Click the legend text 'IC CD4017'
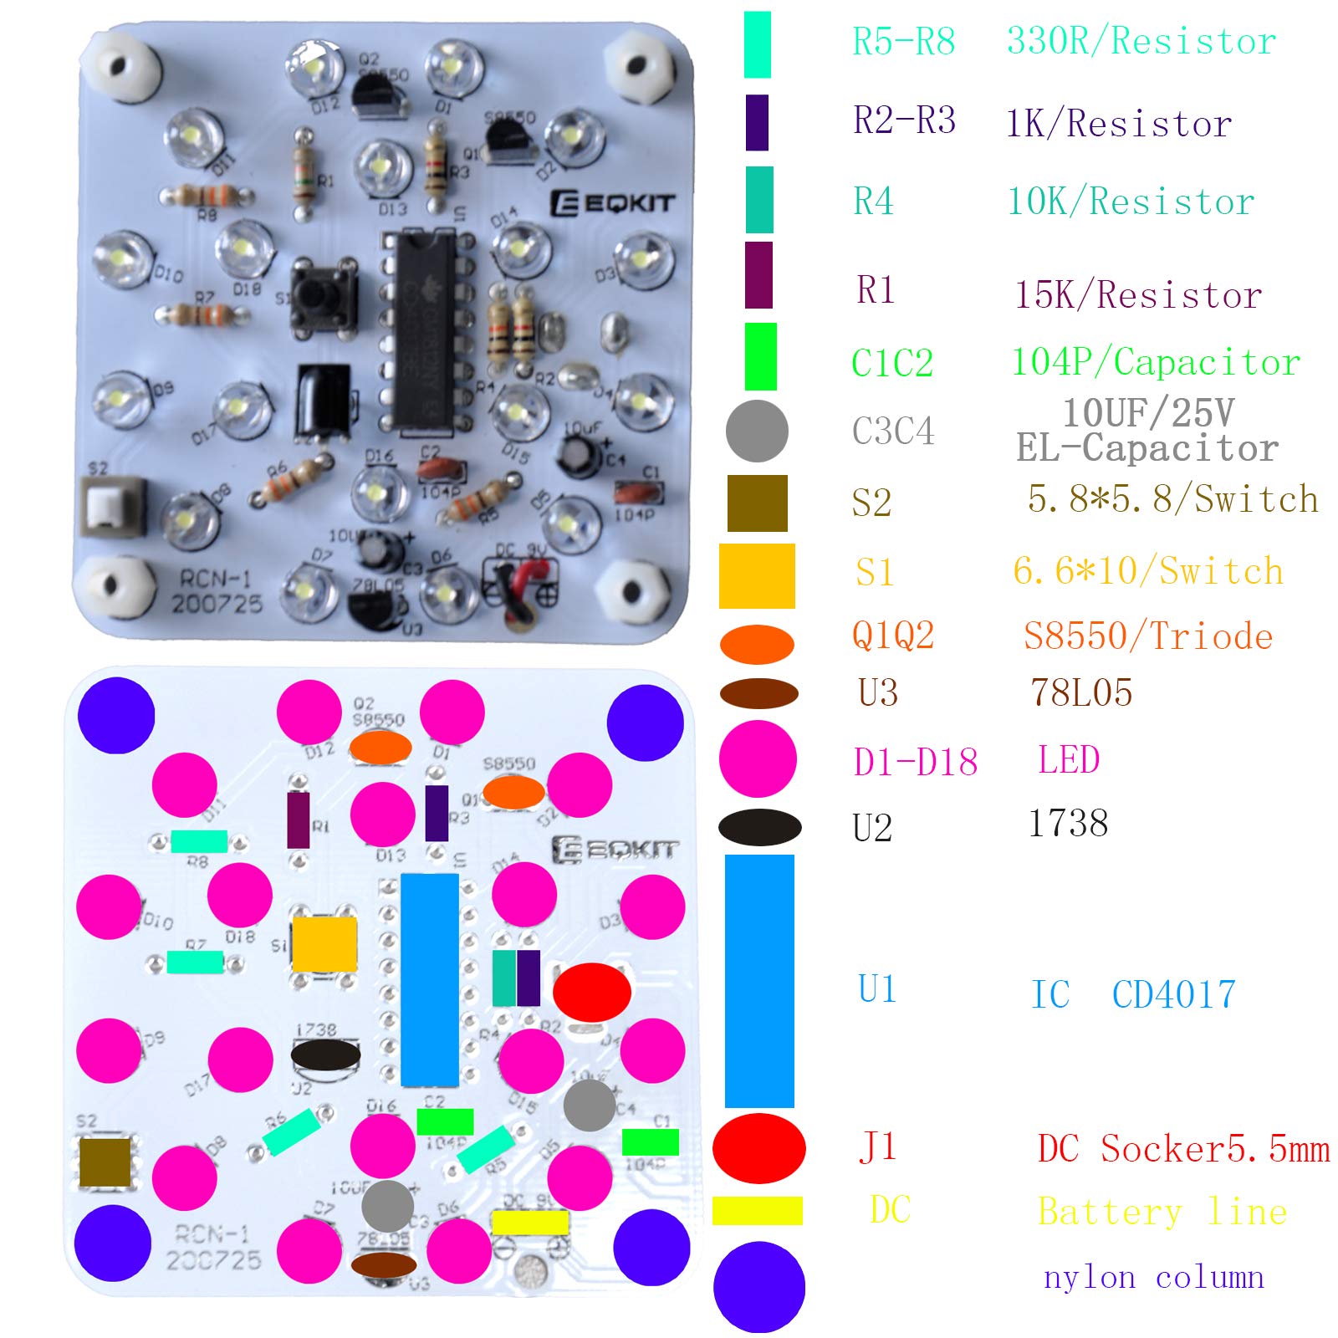[x=1133, y=994]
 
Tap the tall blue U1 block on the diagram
[x=429, y=979]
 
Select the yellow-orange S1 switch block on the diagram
[x=324, y=943]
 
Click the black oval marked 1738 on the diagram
[x=325, y=1055]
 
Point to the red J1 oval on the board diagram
[x=591, y=992]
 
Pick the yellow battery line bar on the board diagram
[x=530, y=1222]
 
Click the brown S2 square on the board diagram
[x=105, y=1162]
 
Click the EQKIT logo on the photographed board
[x=612, y=202]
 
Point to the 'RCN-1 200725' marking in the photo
[x=217, y=591]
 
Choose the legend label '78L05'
[x=1080, y=692]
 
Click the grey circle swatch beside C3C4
[x=756, y=431]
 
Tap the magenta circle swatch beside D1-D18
[x=758, y=758]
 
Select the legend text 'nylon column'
[x=1153, y=1277]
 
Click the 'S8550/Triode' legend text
[x=1147, y=636]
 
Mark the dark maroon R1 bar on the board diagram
[x=299, y=820]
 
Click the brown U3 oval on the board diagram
[x=384, y=1264]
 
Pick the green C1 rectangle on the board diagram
[x=650, y=1141]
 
